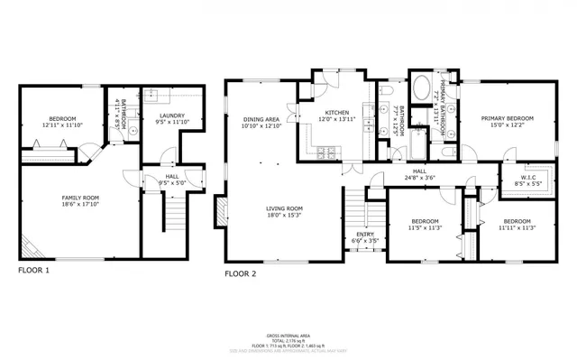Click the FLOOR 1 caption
tap(34, 270)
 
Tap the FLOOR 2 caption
tap(241, 272)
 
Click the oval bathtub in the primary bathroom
tap(422, 90)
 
